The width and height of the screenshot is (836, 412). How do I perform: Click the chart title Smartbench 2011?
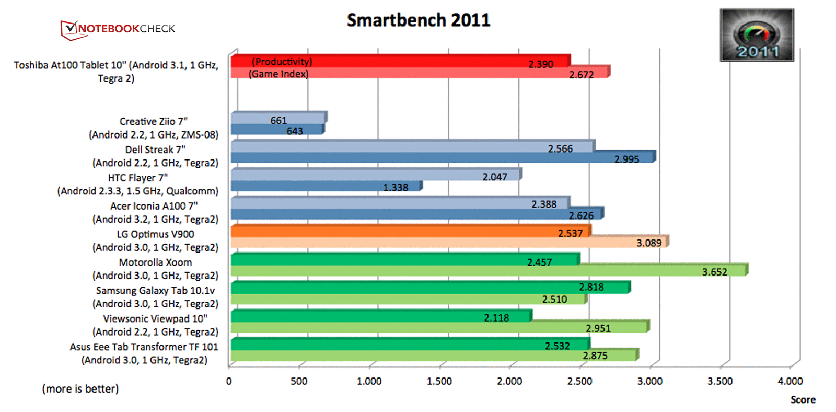tap(419, 20)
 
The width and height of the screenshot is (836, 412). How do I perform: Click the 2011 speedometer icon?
tap(757, 35)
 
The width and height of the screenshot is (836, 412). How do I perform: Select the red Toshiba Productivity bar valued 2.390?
tap(400, 61)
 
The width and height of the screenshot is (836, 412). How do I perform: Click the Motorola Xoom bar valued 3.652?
tap(489, 270)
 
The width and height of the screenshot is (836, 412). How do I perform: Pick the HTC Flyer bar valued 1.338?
tap(326, 186)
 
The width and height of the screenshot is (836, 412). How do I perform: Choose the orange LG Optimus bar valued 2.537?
tap(410, 231)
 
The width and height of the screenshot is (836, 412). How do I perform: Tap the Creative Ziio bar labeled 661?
tap(278, 118)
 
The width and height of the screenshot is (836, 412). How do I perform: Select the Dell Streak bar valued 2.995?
tap(442, 157)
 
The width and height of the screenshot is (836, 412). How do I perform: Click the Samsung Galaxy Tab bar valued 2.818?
tap(430, 288)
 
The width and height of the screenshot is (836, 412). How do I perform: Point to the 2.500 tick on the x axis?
tap(579, 381)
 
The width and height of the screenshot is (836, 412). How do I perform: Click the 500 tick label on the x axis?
tap(299, 381)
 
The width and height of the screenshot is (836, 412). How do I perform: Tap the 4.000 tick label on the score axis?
tap(790, 381)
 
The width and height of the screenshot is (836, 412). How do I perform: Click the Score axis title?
tap(803, 400)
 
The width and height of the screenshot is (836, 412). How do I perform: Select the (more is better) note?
tap(80, 389)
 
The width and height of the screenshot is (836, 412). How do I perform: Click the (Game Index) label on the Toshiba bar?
tap(278, 74)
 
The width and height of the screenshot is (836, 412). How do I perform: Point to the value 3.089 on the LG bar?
tap(649, 243)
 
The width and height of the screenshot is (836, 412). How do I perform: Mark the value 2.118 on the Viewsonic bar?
tap(496, 317)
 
